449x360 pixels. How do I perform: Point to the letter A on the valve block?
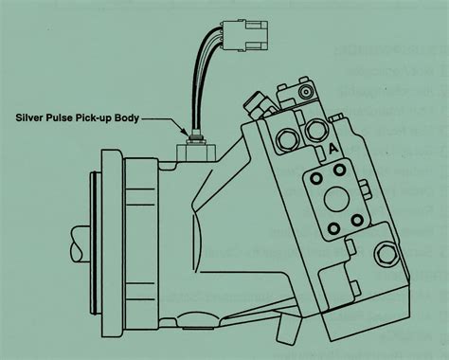(332, 149)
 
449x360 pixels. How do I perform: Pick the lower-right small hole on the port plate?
(356, 220)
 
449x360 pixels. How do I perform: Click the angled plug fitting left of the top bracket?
(257, 102)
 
